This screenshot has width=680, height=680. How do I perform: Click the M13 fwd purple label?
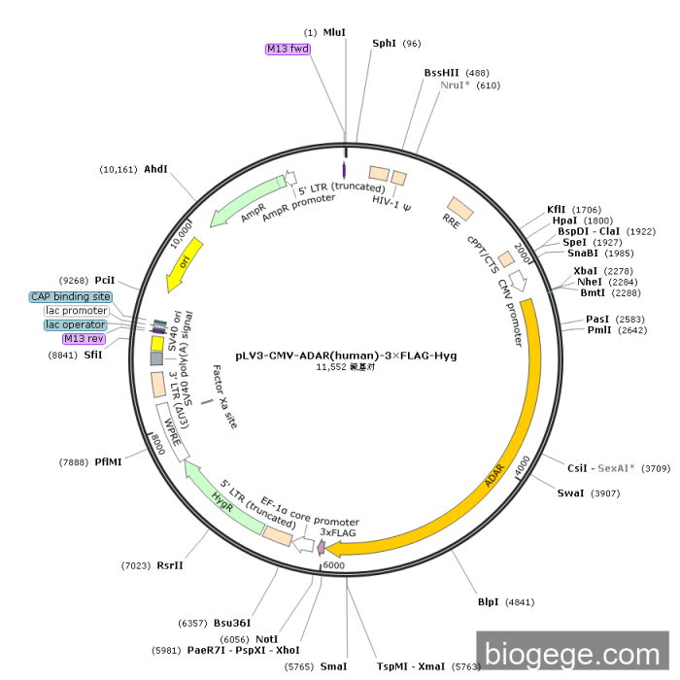pyautogui.click(x=288, y=49)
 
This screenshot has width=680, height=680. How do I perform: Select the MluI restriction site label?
pyautogui.click(x=334, y=32)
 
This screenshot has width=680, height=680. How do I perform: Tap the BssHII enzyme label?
pyautogui.click(x=442, y=73)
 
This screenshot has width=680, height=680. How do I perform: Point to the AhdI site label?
pyautogui.click(x=155, y=169)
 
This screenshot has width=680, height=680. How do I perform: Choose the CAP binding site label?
pyautogui.click(x=71, y=296)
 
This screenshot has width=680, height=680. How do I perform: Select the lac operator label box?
pyautogui.click(x=76, y=324)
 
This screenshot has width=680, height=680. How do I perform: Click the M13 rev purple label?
pyautogui.click(x=84, y=339)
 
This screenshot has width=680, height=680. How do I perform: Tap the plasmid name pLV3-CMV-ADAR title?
pyautogui.click(x=346, y=356)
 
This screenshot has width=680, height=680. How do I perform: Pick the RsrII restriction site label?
pyautogui.click(x=170, y=565)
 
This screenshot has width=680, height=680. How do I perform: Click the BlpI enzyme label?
pyautogui.click(x=488, y=601)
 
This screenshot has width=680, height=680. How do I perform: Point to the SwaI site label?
pyautogui.click(x=570, y=493)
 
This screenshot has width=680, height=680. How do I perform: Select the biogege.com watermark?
pyautogui.click(x=573, y=654)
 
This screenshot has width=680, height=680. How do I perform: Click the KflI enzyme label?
pyautogui.click(x=556, y=209)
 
